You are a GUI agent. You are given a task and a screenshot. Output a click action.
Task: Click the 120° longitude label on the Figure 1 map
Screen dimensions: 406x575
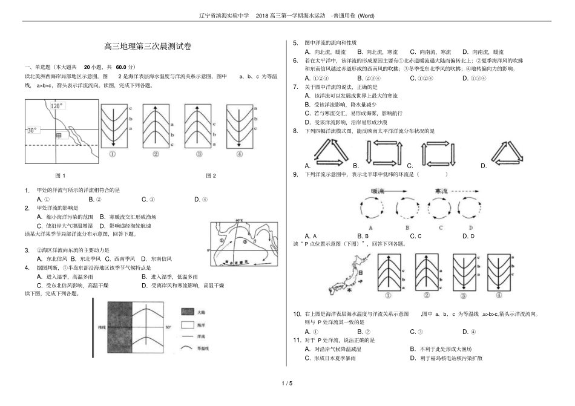coord(56,106)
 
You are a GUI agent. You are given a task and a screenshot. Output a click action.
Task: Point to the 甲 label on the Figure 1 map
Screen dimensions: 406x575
coord(59,136)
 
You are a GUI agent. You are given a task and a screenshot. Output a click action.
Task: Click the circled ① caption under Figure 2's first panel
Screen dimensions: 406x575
coord(113,154)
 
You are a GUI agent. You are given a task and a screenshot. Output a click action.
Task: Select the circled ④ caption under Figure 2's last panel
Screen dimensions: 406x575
coord(239,154)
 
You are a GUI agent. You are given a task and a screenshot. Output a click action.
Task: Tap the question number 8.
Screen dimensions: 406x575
coord(295,131)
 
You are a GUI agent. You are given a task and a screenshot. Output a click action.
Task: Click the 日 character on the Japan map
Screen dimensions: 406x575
coord(361,273)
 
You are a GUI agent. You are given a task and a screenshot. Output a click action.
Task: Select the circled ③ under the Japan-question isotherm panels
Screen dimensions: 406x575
coord(464,296)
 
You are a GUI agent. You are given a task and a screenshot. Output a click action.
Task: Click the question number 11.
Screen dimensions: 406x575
coord(297,340)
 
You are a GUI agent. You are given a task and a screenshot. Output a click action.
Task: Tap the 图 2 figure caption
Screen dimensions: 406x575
coord(211,175)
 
